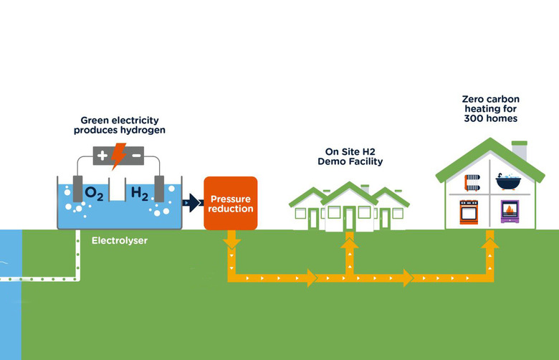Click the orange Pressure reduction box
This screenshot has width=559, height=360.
point(230,203)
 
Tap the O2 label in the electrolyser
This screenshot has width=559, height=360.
point(95,193)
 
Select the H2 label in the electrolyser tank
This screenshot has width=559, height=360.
point(140,193)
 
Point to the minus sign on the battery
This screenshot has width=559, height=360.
point(135,154)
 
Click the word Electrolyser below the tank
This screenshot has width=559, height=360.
point(120,241)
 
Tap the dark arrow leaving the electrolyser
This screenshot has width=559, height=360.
point(191,204)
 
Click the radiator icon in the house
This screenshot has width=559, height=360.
point(471,180)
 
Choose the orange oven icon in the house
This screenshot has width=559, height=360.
point(470,212)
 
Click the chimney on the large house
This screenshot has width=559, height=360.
point(520,150)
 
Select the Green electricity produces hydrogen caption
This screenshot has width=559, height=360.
point(119,125)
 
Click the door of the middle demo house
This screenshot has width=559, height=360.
point(349,218)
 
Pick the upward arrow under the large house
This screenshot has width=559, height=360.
point(489,247)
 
